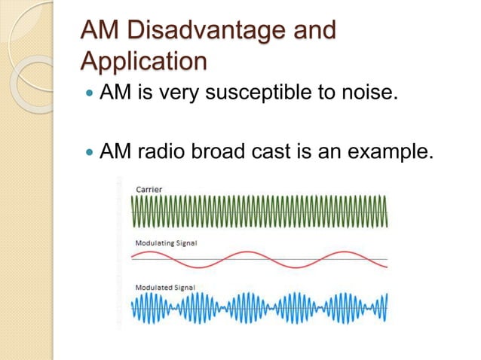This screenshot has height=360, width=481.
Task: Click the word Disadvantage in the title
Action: tap(206, 32)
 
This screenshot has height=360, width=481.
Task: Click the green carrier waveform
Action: tap(260, 211)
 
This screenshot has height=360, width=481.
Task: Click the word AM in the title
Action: tap(100, 32)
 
